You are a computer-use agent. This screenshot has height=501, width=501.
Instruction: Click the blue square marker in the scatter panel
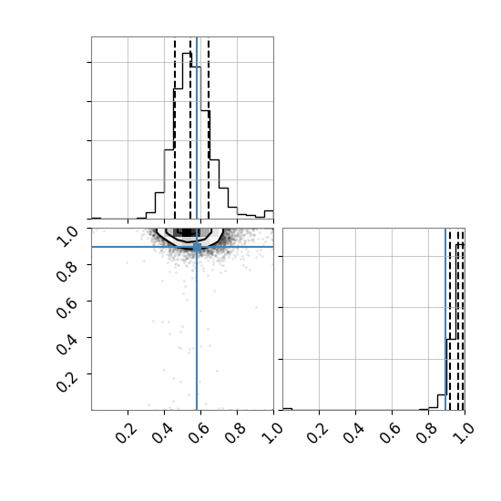(197, 247)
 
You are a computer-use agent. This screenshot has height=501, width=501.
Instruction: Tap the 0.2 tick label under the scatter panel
(127, 434)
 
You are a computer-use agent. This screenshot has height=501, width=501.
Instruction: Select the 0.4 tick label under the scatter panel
(163, 434)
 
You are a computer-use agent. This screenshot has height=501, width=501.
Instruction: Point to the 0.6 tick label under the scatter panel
(199, 434)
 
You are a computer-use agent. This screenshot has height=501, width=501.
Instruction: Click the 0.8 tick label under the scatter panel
(236, 434)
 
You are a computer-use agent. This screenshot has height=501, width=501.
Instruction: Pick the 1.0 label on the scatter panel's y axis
(66, 237)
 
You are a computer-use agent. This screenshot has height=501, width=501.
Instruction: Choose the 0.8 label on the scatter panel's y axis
(66, 272)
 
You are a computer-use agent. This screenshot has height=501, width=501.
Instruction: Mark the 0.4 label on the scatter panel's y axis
(66, 344)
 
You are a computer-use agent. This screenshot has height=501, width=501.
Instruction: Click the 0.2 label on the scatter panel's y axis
(66, 381)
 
